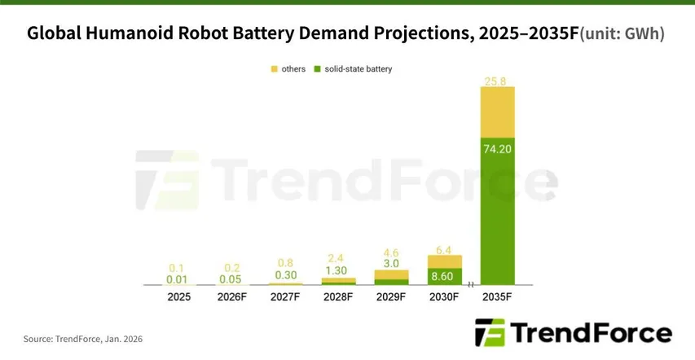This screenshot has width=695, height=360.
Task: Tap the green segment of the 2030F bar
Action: [x=444, y=277]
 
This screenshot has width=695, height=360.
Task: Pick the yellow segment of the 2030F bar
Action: [x=444, y=261]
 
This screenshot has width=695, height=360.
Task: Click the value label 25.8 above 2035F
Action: [x=497, y=80]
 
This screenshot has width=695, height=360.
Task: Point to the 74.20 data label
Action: [x=497, y=148]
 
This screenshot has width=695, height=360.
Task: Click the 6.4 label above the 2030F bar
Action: [x=444, y=248]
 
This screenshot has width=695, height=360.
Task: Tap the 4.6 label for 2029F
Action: [x=391, y=253]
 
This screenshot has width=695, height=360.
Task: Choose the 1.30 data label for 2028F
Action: [x=338, y=270]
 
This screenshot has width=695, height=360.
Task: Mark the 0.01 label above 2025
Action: [x=179, y=280]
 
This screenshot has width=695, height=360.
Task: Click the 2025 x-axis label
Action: [x=179, y=297]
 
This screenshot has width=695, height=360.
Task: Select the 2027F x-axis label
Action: [x=285, y=297]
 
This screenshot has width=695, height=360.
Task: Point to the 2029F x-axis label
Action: [x=391, y=297]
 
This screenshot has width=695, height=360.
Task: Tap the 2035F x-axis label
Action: [x=497, y=297]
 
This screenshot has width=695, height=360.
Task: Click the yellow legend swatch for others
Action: [x=275, y=69]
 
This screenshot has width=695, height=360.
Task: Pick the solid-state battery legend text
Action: [x=358, y=69]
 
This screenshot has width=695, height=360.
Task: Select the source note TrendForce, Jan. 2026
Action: [x=83, y=338]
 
